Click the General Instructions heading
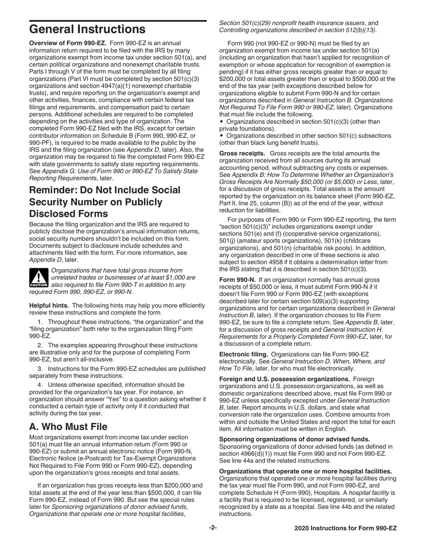[x=87, y=30]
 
